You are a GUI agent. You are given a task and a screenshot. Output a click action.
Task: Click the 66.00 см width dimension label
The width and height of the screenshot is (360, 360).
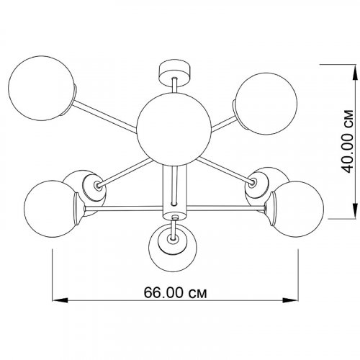(175, 292)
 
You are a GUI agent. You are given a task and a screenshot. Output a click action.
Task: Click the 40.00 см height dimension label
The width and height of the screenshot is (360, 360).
(347, 141)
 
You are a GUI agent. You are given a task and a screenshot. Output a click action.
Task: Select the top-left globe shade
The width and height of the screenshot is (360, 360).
(42, 88)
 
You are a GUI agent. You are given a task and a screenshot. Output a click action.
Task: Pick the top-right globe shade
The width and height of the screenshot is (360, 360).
(266, 104)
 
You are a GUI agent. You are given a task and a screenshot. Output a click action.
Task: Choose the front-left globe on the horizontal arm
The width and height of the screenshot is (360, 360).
(52, 209)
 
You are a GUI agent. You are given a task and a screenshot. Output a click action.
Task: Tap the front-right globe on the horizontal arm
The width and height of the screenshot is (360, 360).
(297, 209)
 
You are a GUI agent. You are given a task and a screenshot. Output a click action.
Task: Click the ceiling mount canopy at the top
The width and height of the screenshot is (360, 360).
(175, 72)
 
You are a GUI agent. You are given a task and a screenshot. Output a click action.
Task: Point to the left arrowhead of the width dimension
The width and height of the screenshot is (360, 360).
(60, 300)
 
